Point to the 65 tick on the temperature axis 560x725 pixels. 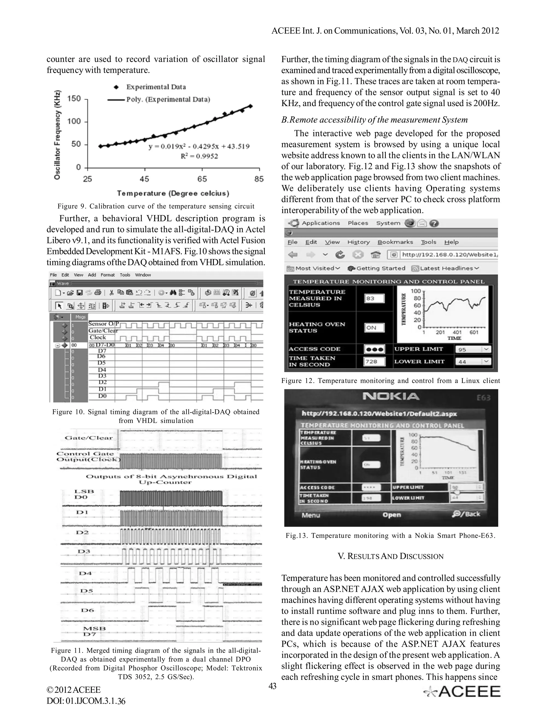pyautogui.click(x=202, y=179)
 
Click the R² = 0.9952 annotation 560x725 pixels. pyautogui.click(x=199, y=156)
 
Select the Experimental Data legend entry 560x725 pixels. pyautogui.click(x=156, y=87)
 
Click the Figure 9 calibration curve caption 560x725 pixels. pyautogui.click(x=156, y=206)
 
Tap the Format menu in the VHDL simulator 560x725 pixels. pyautogui.click(x=107, y=275)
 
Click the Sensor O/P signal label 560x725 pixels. pyautogui.click(x=103, y=324)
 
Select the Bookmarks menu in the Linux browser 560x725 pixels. pyautogui.click(x=395, y=242)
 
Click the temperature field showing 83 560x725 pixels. pyautogui.click(x=374, y=298)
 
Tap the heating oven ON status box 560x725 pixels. pyautogui.click(x=374, y=328)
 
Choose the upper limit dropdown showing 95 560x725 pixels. pyautogui.click(x=473, y=349)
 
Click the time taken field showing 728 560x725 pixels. pyautogui.click(x=374, y=361)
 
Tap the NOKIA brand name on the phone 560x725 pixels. pyautogui.click(x=391, y=396)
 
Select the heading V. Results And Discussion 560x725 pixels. pyautogui.click(x=390, y=556)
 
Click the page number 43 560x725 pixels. pyautogui.click(x=272, y=686)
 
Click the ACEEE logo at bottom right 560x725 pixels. pyautogui.click(x=462, y=691)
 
